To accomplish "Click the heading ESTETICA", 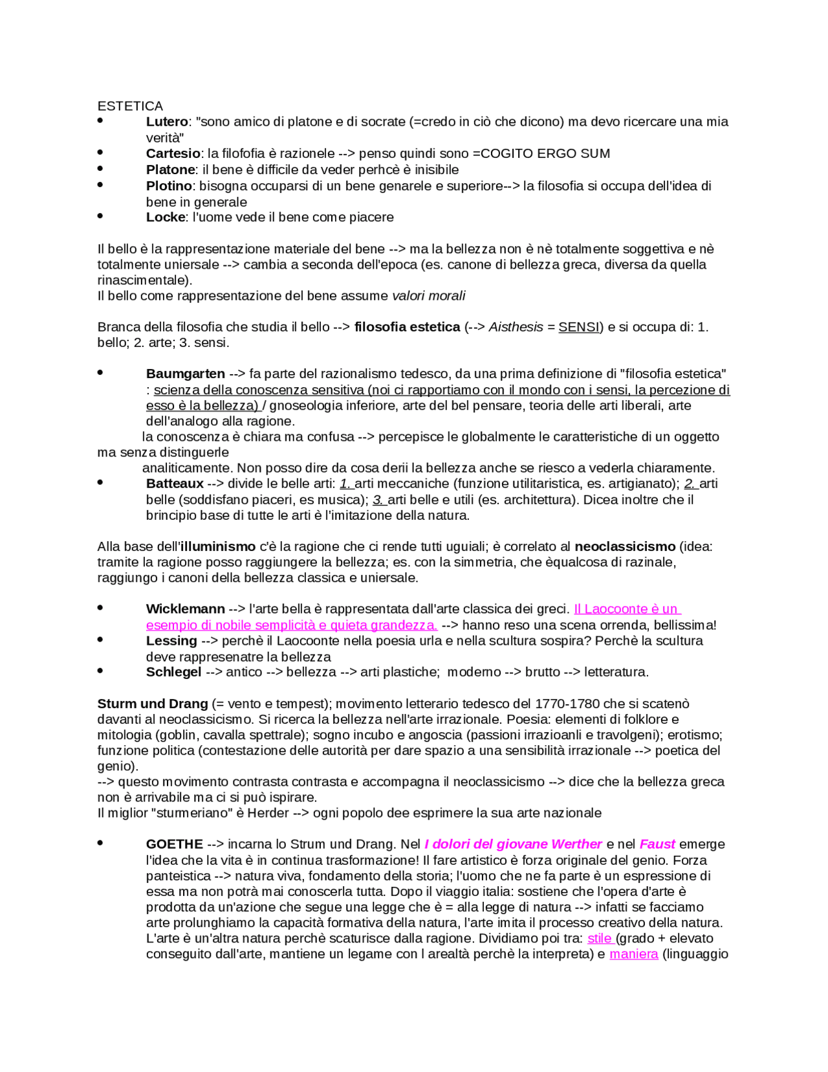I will coord(130,106).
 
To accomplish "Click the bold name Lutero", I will coord(166,122).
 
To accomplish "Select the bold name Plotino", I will coord(169,186).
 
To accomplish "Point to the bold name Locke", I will coord(166,218).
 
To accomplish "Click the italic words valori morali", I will coord(428,296).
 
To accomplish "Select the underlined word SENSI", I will coord(579,327).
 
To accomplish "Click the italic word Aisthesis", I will coord(516,327).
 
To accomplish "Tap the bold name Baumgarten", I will coord(186,374).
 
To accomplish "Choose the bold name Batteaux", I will coord(175,484).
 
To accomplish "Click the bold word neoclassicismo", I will coord(625,546).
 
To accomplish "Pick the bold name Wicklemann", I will coord(186,609).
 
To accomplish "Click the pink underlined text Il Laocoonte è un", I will coord(626,609).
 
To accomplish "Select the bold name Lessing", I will coord(171,641).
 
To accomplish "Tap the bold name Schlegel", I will coord(173,672).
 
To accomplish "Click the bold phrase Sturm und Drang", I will coord(153,704).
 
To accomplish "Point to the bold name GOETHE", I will coord(174,844).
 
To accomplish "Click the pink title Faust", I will coord(657,844).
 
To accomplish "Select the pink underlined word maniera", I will coord(633,954).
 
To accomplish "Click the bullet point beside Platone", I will coord(100,168).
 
